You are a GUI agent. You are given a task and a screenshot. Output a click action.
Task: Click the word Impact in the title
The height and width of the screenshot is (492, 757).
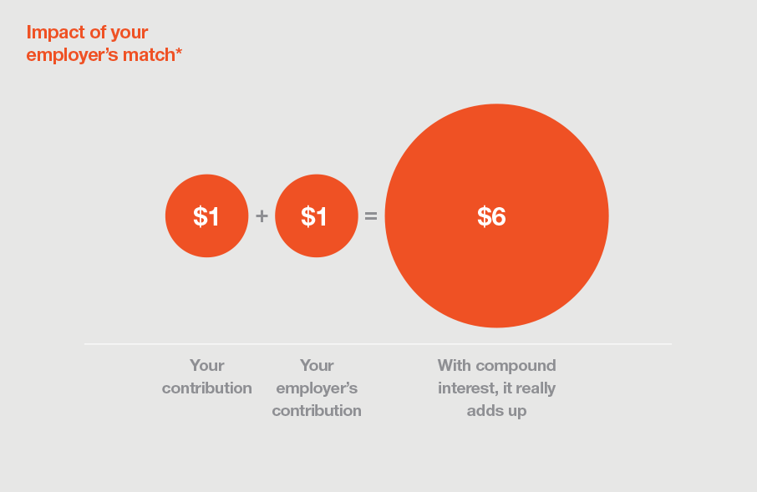pos(55,33)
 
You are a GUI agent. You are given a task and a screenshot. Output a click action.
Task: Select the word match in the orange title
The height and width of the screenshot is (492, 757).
pos(149,54)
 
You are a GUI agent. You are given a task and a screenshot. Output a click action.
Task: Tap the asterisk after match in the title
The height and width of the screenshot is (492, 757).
pos(179,51)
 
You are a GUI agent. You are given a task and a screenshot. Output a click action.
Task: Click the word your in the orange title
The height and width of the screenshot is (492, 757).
pos(129,33)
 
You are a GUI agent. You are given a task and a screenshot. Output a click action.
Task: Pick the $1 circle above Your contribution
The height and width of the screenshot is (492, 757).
pos(206,216)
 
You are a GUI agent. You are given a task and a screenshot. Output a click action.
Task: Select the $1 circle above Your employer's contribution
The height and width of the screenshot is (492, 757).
pos(316,216)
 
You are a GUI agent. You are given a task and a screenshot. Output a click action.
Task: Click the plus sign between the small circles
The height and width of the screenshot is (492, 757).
pos(262,216)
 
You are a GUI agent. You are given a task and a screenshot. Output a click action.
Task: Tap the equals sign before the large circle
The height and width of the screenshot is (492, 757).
pos(371,216)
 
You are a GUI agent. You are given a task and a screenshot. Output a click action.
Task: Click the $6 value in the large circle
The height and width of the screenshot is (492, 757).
pos(491,216)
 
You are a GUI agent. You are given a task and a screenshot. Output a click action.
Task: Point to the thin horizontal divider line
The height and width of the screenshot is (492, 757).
pos(378,344)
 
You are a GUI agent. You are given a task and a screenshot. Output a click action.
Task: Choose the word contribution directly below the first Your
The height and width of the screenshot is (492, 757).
pos(206,388)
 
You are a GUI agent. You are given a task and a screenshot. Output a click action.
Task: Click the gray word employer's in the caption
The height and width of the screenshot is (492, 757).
pos(317,389)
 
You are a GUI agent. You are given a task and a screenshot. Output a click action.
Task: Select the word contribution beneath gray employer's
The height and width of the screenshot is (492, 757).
pos(317,411)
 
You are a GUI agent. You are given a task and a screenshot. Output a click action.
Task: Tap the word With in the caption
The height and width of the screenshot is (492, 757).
pos(455,366)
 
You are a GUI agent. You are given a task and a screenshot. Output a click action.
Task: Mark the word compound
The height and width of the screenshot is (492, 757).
pos(516,367)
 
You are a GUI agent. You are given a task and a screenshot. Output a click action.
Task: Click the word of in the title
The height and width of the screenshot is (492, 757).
pos(98,33)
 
